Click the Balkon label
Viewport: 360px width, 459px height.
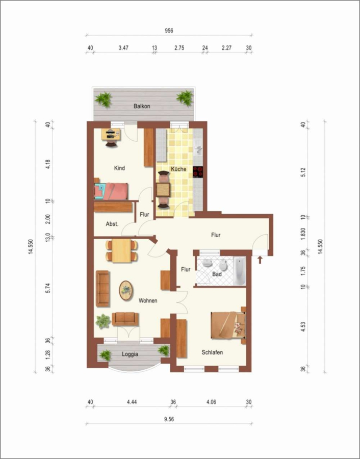click(x=142, y=106)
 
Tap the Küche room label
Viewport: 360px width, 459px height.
click(x=178, y=169)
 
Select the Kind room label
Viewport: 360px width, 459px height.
click(x=119, y=168)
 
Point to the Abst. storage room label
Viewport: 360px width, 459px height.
click(x=112, y=224)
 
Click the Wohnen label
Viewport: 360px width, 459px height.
click(x=148, y=300)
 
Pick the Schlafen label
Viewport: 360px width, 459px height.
click(x=212, y=352)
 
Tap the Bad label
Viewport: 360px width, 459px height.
click(x=217, y=274)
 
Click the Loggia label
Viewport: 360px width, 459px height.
click(x=130, y=354)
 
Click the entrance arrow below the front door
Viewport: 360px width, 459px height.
click(x=260, y=260)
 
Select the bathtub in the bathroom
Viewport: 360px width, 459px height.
click(x=239, y=271)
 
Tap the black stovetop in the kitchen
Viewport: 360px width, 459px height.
click(x=198, y=172)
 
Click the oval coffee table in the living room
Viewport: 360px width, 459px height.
click(x=126, y=290)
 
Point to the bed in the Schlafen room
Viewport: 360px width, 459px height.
click(x=228, y=325)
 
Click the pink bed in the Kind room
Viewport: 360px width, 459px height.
click(x=111, y=191)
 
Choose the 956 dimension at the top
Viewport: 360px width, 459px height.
click(x=169, y=31)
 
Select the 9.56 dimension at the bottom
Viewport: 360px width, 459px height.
click(x=169, y=419)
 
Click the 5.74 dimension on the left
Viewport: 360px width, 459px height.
click(x=48, y=289)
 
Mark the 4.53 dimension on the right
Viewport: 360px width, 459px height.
click(x=304, y=327)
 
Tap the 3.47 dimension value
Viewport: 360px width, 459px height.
click(x=123, y=48)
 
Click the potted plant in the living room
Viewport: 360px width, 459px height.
click(x=103, y=321)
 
